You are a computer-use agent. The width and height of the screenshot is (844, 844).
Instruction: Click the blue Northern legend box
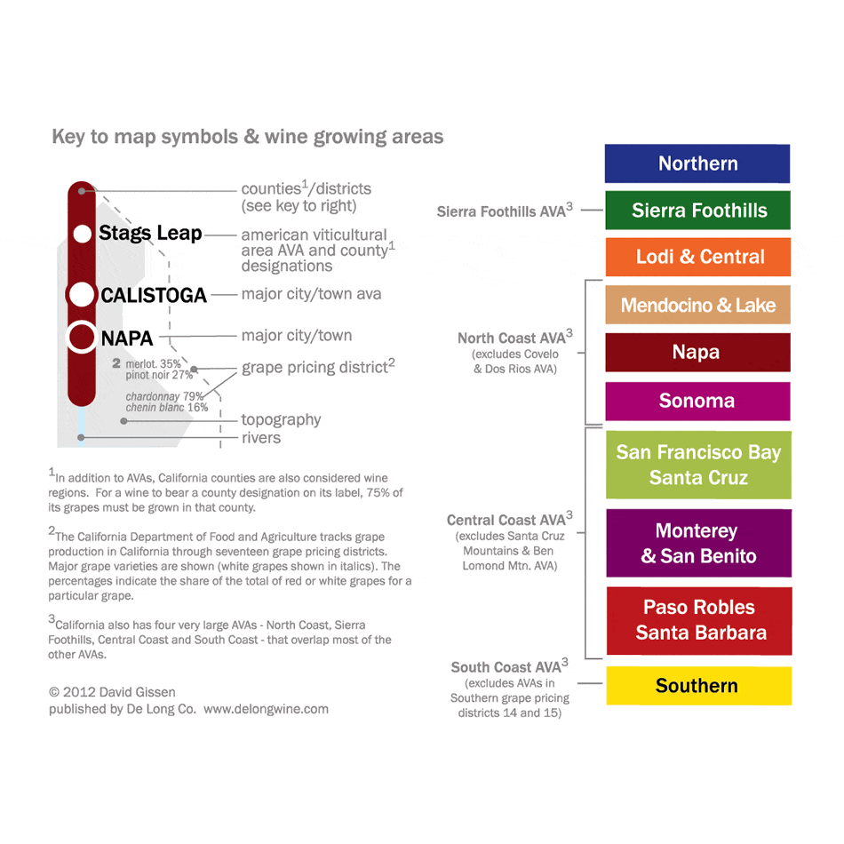(x=697, y=163)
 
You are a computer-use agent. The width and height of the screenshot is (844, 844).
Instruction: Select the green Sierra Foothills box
(x=697, y=211)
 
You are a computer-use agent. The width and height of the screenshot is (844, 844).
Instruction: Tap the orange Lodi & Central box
(x=698, y=257)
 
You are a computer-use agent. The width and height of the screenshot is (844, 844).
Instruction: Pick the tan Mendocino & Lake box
(x=697, y=305)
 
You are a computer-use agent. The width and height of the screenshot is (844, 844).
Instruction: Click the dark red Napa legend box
(x=697, y=352)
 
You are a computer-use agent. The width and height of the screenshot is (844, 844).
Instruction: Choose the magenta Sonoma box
(x=697, y=401)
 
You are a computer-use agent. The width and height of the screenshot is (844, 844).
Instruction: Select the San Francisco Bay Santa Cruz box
(x=697, y=465)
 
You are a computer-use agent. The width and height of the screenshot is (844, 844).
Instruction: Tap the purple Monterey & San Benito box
(x=698, y=543)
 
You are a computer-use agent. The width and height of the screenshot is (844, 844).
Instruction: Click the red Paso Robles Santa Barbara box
(x=698, y=620)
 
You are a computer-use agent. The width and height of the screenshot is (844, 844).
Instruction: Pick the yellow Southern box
(x=697, y=685)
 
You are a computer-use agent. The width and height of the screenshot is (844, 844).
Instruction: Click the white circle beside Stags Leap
(x=83, y=234)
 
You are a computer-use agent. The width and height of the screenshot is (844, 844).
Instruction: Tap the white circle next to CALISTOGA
(x=82, y=294)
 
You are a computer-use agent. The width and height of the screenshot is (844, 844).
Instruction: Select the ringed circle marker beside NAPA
(x=82, y=338)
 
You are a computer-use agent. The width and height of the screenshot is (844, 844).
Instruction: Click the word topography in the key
(x=281, y=419)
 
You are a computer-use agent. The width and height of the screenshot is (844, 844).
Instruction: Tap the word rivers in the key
(x=260, y=437)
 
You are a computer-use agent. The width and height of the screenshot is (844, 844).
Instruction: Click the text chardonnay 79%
(x=164, y=396)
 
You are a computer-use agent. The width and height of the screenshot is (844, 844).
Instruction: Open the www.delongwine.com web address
(x=266, y=709)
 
